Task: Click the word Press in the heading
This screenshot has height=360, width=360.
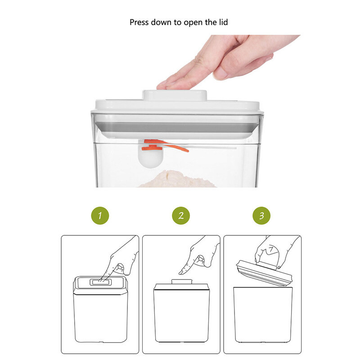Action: coord(139,22)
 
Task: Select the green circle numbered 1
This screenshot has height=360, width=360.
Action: coord(100,216)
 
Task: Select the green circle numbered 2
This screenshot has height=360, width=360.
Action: coord(181,216)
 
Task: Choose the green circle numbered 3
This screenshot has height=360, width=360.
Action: coord(261,216)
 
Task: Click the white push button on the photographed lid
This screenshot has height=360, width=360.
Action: coord(175,95)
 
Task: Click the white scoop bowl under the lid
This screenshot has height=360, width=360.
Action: coord(150,158)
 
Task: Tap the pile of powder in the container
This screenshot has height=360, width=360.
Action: coord(177,179)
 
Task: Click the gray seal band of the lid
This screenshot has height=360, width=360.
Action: coord(177,127)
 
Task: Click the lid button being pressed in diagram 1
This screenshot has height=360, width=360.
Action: coord(100,282)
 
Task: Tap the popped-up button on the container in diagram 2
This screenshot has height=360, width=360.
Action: coord(182,282)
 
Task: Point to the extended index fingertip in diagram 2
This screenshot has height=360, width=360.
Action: coord(181,272)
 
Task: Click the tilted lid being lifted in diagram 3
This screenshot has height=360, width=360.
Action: coord(264,273)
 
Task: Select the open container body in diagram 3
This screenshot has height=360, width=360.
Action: coord(263,315)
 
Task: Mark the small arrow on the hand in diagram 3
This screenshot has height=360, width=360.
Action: coord(271,249)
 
